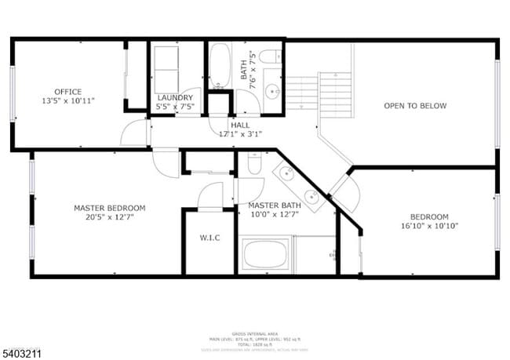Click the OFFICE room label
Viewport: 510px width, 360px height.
pyautogui.click(x=67, y=92)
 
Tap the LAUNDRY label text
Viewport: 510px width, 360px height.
pyautogui.click(x=175, y=97)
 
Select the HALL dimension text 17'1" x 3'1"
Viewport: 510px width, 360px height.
pyautogui.click(x=240, y=134)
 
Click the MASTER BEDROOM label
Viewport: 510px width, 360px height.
pyautogui.click(x=109, y=208)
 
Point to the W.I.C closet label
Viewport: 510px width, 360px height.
pyautogui.click(x=209, y=238)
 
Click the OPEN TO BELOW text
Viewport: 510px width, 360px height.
pyautogui.click(x=414, y=106)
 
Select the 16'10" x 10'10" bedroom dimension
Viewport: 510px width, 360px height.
pyautogui.click(x=429, y=226)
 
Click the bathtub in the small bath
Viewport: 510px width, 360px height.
pyautogui.click(x=220, y=66)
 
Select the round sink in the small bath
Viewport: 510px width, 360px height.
pyautogui.click(x=272, y=92)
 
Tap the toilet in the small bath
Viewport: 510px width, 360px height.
pyautogui.click(x=271, y=57)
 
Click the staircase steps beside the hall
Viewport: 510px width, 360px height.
pyautogui.click(x=301, y=93)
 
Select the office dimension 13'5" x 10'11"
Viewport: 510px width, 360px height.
pyautogui.click(x=67, y=101)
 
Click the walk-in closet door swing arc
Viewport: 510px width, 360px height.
pyautogui.click(x=210, y=196)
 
